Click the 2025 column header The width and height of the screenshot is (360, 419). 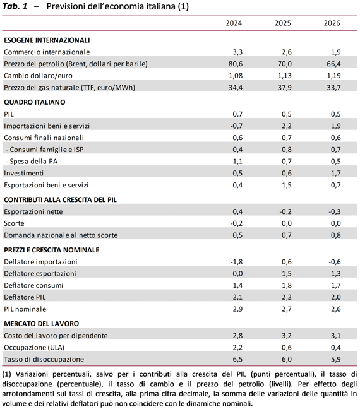pyautogui.click(x=283, y=23)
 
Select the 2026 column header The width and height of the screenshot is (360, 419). pyautogui.click(x=332, y=23)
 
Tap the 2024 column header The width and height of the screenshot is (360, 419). pyautogui.click(x=234, y=23)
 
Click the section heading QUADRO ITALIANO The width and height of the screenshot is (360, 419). pyautogui.click(x=35, y=102)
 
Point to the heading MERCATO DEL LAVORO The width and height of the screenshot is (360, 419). pyautogui.click(x=42, y=324)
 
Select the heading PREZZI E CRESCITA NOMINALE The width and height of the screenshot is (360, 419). pyautogui.click(x=52, y=250)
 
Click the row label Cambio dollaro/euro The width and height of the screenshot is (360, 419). pyautogui.click(x=38, y=76)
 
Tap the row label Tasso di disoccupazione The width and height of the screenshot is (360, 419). pyautogui.click(x=44, y=360)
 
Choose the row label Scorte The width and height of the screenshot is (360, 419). pyautogui.click(x=14, y=223)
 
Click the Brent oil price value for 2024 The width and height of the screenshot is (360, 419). pyautogui.click(x=236, y=64)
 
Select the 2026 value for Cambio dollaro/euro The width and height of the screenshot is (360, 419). pyautogui.click(x=333, y=76)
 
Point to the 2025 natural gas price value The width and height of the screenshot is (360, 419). pyautogui.click(x=285, y=88)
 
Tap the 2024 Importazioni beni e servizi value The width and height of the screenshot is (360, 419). pyautogui.click(x=236, y=126)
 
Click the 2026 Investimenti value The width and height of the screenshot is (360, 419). pyautogui.click(x=336, y=174)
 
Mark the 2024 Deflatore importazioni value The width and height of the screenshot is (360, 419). pyautogui.click(x=236, y=262)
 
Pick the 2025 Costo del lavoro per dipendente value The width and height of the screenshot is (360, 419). pyautogui.click(x=287, y=336)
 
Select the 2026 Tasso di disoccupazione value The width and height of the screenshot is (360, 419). pyautogui.click(x=336, y=360)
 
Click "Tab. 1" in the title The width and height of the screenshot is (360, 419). pyautogui.click(x=15, y=6)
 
